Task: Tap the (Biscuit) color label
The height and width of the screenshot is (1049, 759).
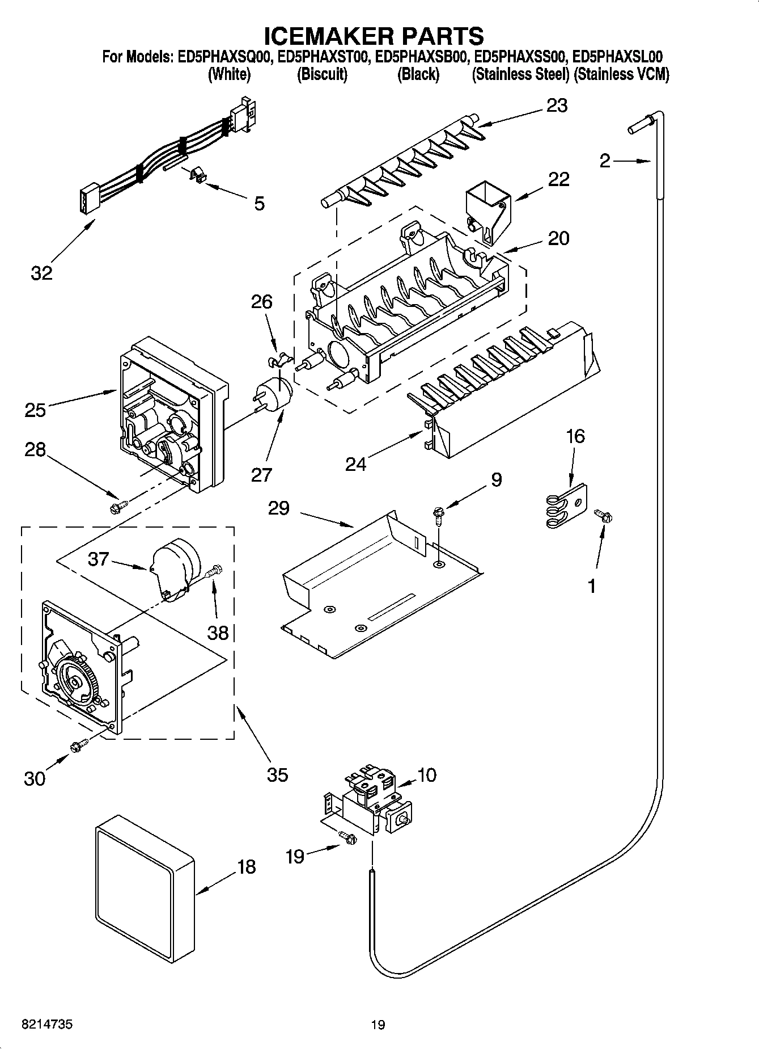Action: coord(322,74)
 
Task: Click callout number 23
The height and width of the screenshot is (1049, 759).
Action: coord(557,106)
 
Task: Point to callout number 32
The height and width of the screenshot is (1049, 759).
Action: coord(41,272)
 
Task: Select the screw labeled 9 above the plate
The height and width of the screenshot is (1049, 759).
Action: coord(439,513)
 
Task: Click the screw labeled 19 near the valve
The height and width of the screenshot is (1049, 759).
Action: coord(346,837)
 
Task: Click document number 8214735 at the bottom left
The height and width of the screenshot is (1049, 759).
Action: coord(46,1025)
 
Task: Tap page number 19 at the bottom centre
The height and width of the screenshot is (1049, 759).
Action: coord(378,1025)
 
